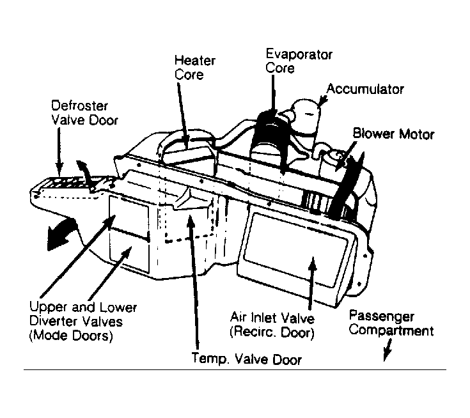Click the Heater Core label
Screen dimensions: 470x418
coord(195,67)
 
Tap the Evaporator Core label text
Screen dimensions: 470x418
coord(299,61)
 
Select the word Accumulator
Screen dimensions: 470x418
coord(365,89)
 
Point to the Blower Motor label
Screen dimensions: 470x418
coord(393,134)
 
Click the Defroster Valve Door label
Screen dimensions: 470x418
coord(84,112)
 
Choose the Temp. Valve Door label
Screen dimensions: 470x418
coord(246,359)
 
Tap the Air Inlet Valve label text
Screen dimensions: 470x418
coord(272,318)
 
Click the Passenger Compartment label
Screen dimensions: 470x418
coord(391,323)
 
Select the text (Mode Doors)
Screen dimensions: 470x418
coord(71,336)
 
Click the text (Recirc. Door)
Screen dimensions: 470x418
coord(272,332)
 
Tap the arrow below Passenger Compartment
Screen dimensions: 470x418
coord(388,350)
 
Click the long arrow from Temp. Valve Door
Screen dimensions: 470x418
coord(194,282)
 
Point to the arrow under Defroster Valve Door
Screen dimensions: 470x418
coord(59,151)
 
